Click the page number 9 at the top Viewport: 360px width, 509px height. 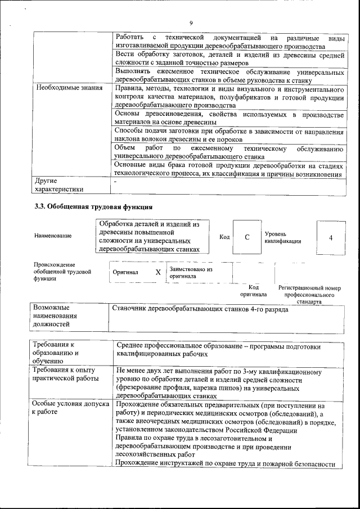pyautogui.click(x=191, y=22)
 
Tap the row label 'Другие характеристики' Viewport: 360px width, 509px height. pyautogui.click(x=58, y=185)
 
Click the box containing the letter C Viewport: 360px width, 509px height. pyautogui.click(x=247, y=237)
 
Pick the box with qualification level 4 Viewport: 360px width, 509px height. pyautogui.click(x=330, y=237)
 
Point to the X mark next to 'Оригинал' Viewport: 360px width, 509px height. pyautogui.click(x=158, y=272)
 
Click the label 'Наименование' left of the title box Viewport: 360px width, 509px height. pyautogui.click(x=53, y=236)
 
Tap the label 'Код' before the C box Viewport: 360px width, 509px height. pyautogui.click(x=224, y=237)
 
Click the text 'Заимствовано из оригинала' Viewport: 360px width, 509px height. pyautogui.click(x=191, y=273)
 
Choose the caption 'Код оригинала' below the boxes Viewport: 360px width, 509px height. pyautogui.click(x=254, y=291)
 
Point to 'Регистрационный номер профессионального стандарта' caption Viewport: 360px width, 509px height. pyautogui.click(x=310, y=294)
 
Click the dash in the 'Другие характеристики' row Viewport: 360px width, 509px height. pyautogui.click(x=115, y=182)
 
